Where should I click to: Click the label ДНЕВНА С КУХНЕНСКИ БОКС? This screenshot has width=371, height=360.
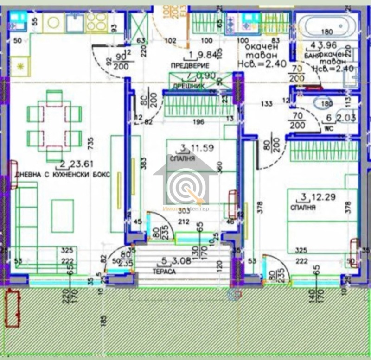coord(63,175)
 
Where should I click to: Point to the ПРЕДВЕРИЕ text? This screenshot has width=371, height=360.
coord(187,65)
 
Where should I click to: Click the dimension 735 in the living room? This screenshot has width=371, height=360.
coord(92,141)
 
